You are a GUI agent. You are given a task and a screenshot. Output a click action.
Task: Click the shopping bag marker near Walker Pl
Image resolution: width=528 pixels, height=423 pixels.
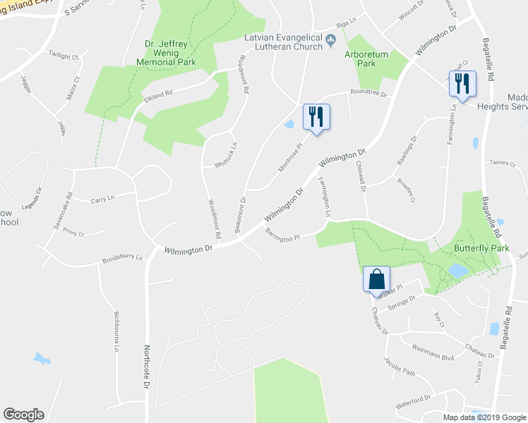[x=376, y=278]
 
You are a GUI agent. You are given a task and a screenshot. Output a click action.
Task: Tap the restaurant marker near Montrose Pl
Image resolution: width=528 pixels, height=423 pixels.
[x=316, y=116]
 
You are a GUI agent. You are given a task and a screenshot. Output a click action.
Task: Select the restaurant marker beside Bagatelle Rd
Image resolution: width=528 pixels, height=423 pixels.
[x=462, y=82]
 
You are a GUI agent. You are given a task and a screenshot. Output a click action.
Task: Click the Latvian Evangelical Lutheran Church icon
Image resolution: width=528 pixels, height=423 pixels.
[x=330, y=46]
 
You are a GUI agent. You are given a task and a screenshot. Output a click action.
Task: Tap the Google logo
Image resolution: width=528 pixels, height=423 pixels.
[x=23, y=415]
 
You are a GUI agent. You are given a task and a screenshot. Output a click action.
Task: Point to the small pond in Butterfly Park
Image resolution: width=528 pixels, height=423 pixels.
[x=457, y=271]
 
